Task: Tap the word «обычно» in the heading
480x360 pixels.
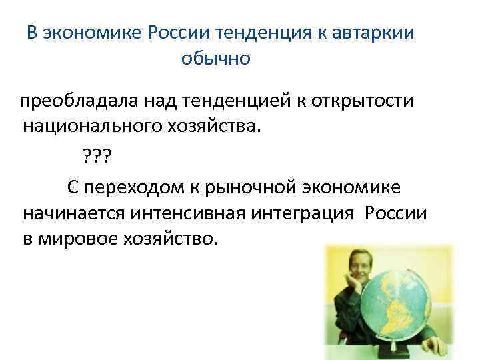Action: tap(215, 59)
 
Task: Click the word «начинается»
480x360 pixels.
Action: tap(79, 215)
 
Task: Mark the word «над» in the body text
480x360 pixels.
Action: tap(157, 101)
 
